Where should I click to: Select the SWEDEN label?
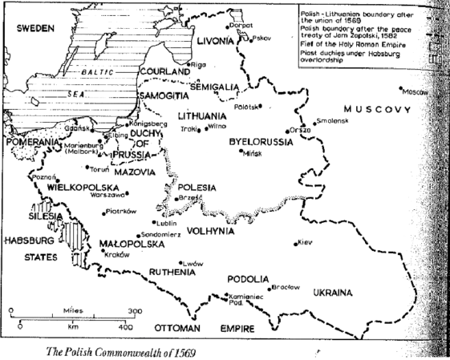pyautogui.click(x=33, y=28)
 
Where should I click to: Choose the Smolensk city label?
pyautogui.click(x=331, y=119)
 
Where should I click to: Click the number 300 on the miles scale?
pyautogui.click(x=134, y=309)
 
